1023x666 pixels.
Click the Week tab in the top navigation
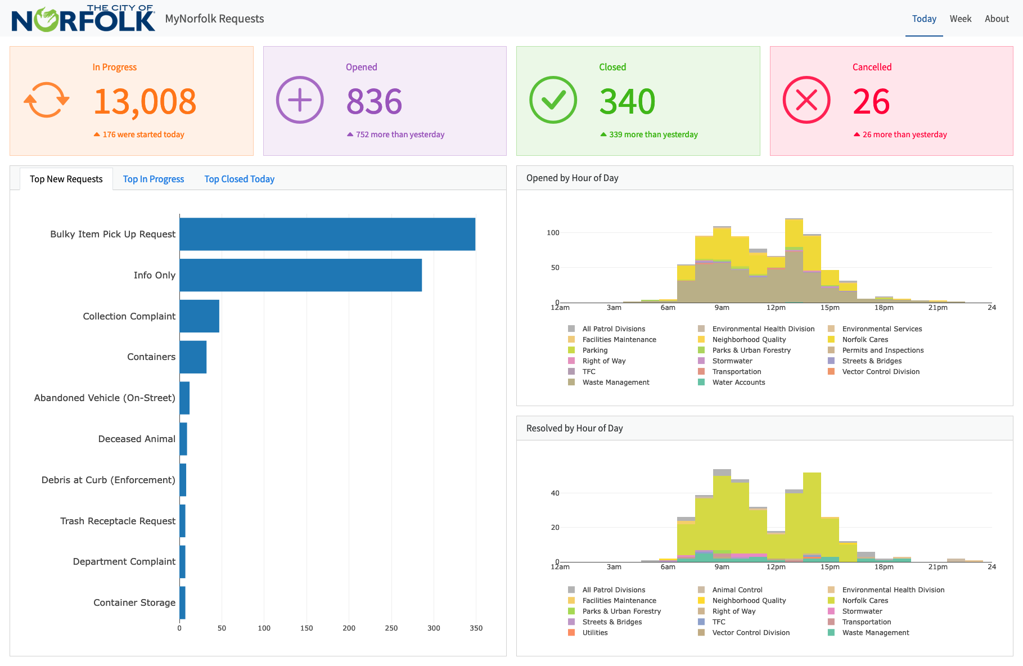click(960, 19)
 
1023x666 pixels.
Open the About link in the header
click(997, 19)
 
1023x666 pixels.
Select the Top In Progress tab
click(154, 179)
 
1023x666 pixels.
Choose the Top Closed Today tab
click(239, 179)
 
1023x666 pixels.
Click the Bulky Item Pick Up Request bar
click(327, 234)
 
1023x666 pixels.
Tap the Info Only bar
click(300, 275)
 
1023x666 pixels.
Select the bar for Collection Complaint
click(200, 316)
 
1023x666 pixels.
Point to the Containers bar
click(193, 357)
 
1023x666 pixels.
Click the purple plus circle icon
click(300, 100)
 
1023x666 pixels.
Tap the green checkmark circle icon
click(553, 100)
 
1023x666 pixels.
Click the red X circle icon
click(806, 100)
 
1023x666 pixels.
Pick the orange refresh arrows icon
click(46, 100)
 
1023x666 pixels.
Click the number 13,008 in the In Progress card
click(145, 102)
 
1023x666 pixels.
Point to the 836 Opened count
click(374, 102)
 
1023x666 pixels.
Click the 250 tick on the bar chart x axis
click(391, 628)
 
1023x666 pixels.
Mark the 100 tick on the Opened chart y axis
click(553, 232)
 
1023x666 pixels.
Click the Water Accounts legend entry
click(738, 382)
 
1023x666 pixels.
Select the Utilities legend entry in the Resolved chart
click(594, 633)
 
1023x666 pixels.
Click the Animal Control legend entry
click(737, 590)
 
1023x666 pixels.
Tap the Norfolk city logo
click(83, 19)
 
